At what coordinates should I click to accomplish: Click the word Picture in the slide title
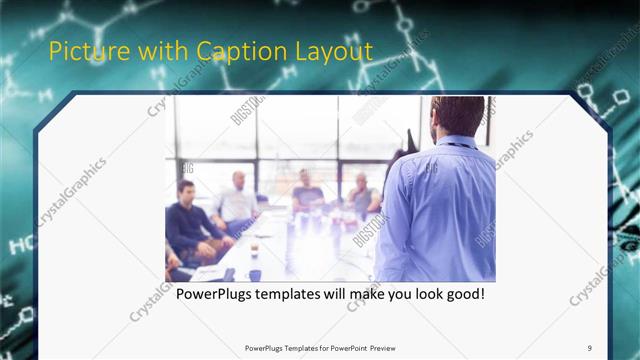coord(83,51)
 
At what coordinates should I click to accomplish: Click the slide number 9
coord(590,347)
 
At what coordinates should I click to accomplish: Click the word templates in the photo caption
coord(303,295)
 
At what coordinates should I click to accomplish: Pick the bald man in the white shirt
coord(237,200)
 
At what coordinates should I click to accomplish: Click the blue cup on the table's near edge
coord(254,274)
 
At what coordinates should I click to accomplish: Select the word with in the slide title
coord(158,51)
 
